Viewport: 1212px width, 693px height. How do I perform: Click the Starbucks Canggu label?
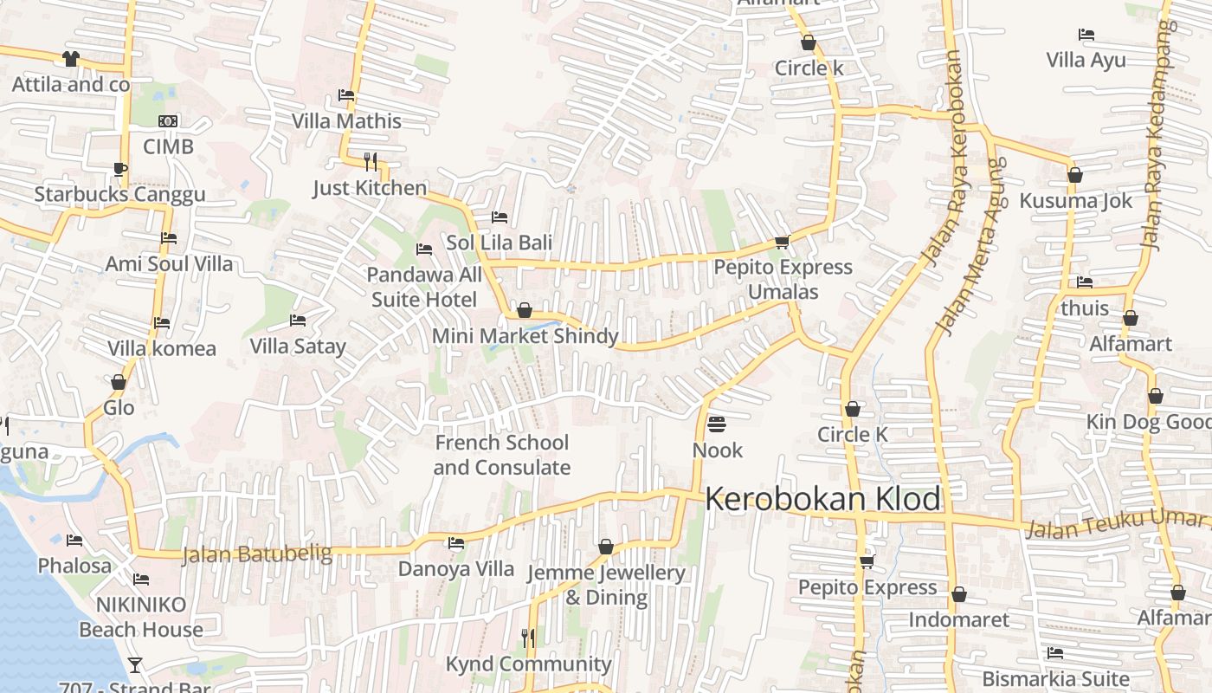[119, 193]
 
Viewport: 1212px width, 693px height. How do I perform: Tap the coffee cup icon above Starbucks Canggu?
[119, 169]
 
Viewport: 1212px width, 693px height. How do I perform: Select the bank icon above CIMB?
[168, 121]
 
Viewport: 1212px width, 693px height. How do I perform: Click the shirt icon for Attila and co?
[70, 59]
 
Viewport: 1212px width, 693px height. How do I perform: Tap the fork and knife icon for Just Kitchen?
[371, 161]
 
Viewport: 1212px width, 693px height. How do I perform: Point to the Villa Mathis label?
[346, 120]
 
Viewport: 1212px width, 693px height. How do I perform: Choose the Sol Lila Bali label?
[499, 243]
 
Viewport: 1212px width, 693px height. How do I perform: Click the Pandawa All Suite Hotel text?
[424, 288]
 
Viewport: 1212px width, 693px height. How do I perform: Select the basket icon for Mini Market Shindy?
[524, 310]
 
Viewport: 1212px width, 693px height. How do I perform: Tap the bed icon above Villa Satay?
[298, 321]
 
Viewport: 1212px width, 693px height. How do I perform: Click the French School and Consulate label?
[502, 455]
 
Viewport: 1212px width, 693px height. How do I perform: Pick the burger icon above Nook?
[717, 424]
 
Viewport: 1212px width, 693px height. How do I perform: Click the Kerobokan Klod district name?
[822, 500]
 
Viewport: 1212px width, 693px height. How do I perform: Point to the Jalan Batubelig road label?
[256, 554]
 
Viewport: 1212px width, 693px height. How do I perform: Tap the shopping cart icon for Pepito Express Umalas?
[782, 243]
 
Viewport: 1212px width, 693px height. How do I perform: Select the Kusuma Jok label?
[1075, 201]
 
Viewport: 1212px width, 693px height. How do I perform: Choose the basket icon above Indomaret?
[958, 594]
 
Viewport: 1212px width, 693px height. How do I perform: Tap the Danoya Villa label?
[455, 569]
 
